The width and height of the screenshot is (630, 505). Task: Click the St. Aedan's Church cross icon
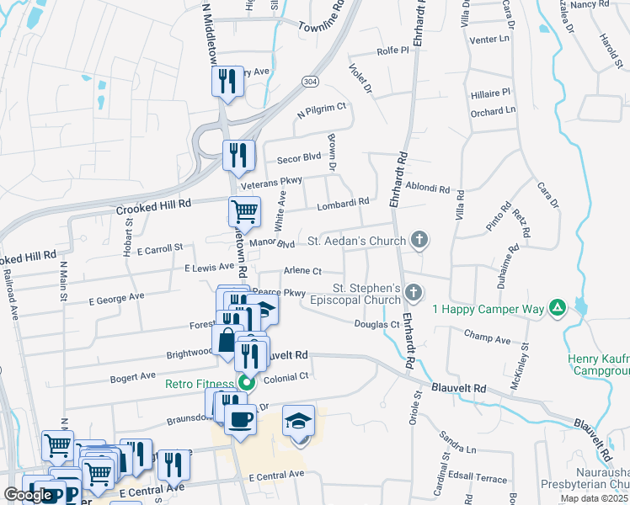pyautogui.click(x=419, y=242)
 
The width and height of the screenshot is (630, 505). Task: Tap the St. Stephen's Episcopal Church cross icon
pyautogui.click(x=413, y=293)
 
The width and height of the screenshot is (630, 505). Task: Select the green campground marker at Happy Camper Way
pyautogui.click(x=556, y=309)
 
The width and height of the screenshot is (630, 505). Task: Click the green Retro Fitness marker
pyautogui.click(x=246, y=385)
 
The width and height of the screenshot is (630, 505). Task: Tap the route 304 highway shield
pyautogui.click(x=310, y=79)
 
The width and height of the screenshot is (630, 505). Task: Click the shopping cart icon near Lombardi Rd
pyautogui.click(x=244, y=210)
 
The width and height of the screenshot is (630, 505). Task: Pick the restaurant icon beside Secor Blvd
pyautogui.click(x=238, y=154)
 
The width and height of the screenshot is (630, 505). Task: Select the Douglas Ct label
pyautogui.click(x=376, y=324)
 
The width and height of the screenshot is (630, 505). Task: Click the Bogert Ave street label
pyautogui.click(x=133, y=375)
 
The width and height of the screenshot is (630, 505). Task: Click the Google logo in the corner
pyautogui.click(x=28, y=495)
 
